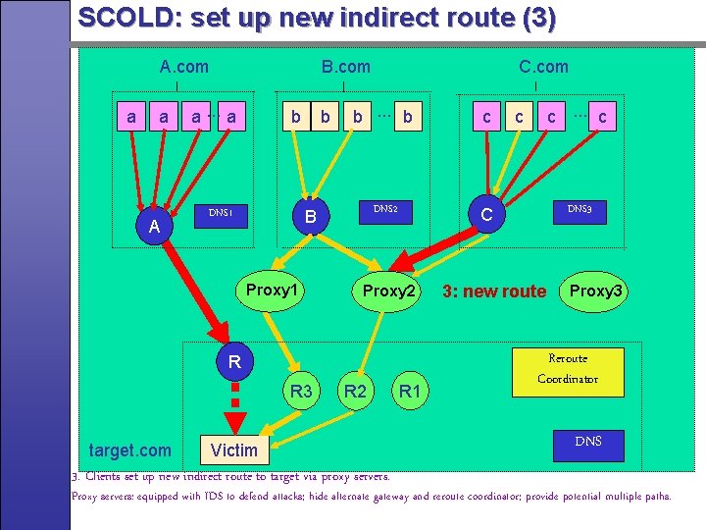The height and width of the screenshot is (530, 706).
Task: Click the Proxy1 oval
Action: (272, 291)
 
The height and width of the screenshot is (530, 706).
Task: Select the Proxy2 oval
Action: (389, 291)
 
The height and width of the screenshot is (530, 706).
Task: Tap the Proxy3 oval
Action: (596, 291)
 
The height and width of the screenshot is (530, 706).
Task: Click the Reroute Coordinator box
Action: (568, 369)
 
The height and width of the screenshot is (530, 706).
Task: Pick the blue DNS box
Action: (588, 442)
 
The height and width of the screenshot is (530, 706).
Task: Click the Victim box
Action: (234, 450)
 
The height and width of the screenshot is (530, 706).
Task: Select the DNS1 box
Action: (220, 212)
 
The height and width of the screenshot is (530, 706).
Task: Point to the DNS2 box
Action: (384, 208)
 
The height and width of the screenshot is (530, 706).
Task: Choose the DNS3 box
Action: (580, 208)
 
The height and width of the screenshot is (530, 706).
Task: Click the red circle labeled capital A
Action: (154, 228)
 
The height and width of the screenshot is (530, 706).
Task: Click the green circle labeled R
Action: (233, 363)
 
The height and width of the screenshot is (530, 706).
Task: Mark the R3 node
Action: (301, 393)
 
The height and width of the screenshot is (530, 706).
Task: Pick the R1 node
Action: (410, 393)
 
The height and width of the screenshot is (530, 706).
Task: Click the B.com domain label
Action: (345, 67)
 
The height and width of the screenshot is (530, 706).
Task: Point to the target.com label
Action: (129, 450)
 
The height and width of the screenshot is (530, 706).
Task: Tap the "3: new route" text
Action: (494, 291)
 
